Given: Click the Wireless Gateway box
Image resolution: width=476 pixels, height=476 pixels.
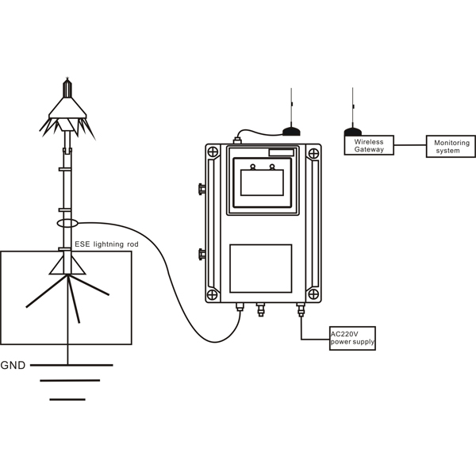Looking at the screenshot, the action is pos(369,145).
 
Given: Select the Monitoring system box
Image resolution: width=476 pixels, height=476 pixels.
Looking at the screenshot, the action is pos(451,146).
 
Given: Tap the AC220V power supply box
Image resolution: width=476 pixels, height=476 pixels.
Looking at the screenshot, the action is pos(352,338).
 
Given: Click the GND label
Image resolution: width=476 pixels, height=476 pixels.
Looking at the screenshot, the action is pos(13,365).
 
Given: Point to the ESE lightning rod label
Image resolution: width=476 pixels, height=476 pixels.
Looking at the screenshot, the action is pos(106,244).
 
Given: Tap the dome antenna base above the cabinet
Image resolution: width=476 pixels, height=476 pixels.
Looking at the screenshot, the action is pos(291,132).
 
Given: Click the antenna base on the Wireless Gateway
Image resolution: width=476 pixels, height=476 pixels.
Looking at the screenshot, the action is pos(353,132).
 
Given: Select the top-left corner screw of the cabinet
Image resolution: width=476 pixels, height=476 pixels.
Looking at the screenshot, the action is pos(213,152).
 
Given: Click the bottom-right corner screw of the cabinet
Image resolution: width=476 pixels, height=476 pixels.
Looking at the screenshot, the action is pos(313,294).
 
